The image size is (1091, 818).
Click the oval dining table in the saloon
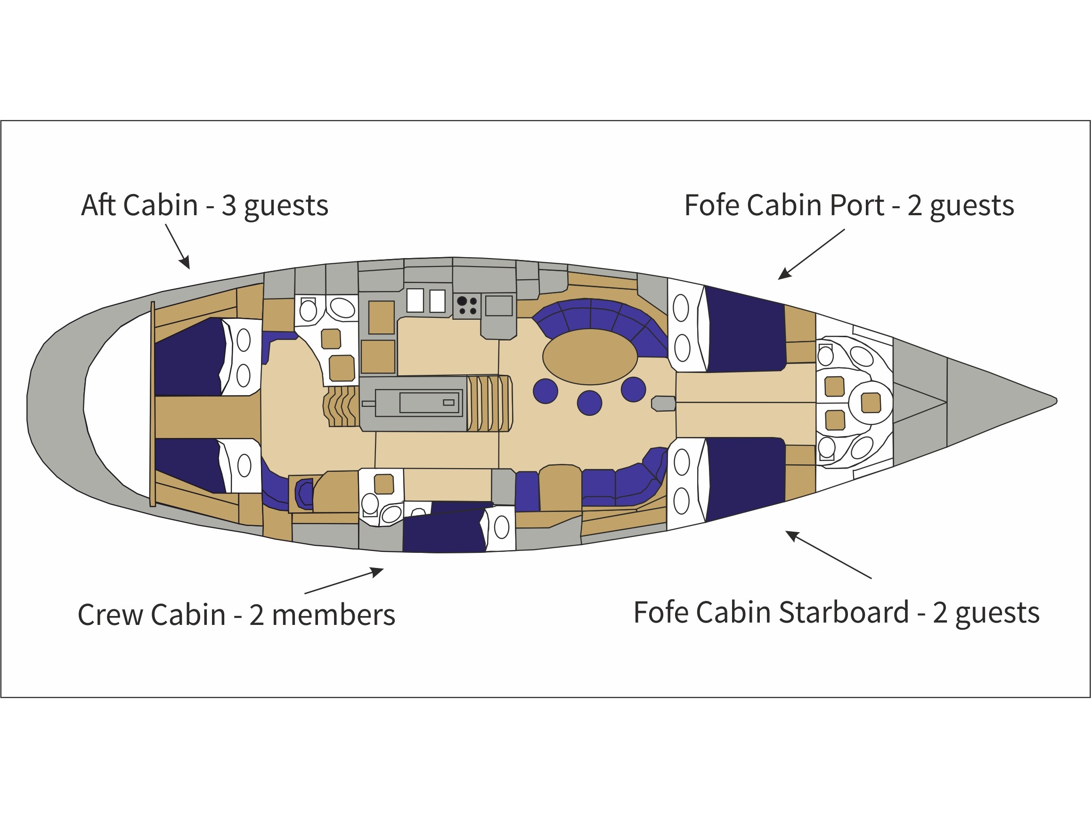point(590,356)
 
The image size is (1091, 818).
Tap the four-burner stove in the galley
point(466,306)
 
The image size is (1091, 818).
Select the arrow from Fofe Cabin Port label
point(811,254)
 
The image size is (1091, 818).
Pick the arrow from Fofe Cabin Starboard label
point(828,554)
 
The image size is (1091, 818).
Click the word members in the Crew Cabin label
point(334,615)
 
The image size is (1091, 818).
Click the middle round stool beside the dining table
point(589,403)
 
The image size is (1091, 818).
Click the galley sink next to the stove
point(499,306)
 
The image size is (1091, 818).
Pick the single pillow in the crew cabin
point(502,527)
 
